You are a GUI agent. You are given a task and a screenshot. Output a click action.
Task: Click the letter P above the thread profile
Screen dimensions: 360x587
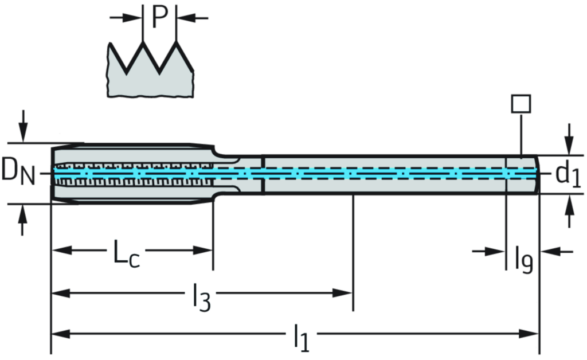[x=159, y=18]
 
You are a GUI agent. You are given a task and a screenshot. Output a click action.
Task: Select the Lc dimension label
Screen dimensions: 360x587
[x=126, y=252]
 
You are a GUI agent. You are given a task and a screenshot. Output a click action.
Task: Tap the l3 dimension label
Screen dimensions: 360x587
[x=200, y=295]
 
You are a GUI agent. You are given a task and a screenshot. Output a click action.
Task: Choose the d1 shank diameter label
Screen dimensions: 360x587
[x=568, y=174]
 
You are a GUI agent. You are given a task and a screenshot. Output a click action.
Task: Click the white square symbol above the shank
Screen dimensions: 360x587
[x=521, y=104]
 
